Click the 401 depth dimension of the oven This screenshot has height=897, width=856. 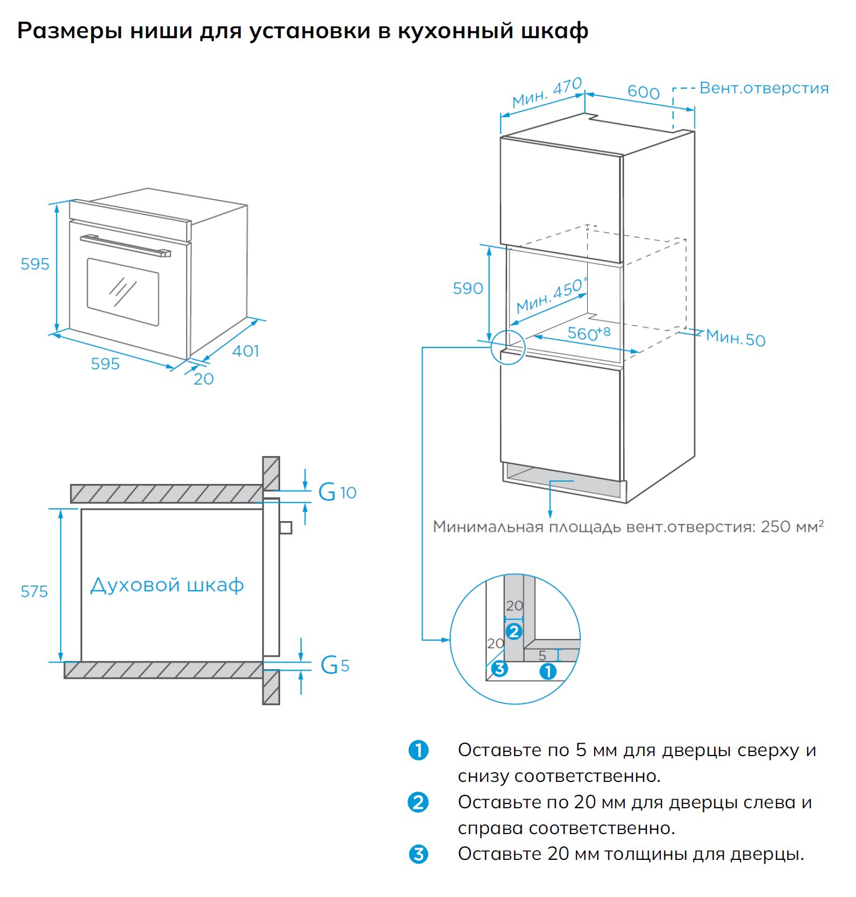click(x=246, y=351)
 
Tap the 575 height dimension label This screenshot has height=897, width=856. click(x=34, y=592)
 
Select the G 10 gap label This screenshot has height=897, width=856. click(x=337, y=492)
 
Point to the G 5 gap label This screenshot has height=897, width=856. click(x=334, y=665)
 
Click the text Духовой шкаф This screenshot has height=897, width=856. click(x=167, y=585)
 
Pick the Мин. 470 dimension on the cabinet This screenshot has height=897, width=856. click(x=546, y=92)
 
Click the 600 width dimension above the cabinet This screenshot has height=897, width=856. click(x=643, y=92)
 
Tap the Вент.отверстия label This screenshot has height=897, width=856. click(x=764, y=88)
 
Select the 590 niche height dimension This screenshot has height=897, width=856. click(x=467, y=289)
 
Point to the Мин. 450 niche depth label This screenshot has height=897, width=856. click(x=551, y=296)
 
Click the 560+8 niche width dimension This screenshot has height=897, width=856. click(x=589, y=333)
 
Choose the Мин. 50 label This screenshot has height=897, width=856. click(x=735, y=338)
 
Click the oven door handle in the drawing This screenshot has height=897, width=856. click(x=125, y=245)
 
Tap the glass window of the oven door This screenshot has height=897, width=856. click(x=123, y=291)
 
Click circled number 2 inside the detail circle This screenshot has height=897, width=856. click(x=513, y=631)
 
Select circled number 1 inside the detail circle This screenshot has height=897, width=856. click(x=547, y=671)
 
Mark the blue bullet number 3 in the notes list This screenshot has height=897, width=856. click(x=418, y=854)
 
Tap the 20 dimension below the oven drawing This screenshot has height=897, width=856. click(x=203, y=379)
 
